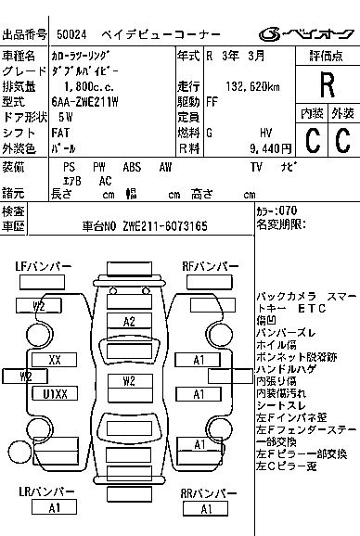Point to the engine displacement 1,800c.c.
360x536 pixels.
88,86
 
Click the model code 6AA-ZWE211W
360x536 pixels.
97,102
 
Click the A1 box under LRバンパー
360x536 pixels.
54,506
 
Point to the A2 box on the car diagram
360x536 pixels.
130,321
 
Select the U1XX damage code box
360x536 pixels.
56,393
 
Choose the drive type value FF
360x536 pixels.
212,102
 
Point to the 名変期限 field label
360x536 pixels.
279,225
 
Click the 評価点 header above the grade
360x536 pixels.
327,56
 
